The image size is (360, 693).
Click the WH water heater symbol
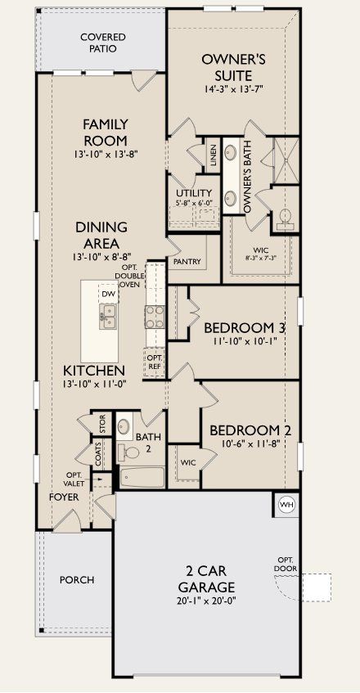[x=286, y=503]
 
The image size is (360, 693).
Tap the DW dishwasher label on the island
[x=108, y=294]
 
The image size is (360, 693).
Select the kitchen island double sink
[x=108, y=316]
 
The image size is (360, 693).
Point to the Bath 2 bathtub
[x=142, y=477]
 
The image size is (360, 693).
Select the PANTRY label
[x=187, y=261]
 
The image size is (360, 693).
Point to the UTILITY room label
[x=188, y=193]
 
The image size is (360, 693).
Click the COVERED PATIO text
[x=98, y=43]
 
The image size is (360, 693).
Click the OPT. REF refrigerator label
[x=155, y=362]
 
